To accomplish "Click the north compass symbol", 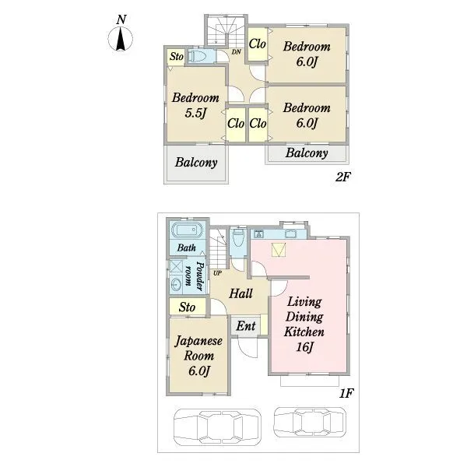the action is pyautogui.click(x=121, y=38).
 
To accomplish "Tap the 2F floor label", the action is pyautogui.click(x=342, y=177).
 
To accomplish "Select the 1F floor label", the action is pyautogui.click(x=346, y=393).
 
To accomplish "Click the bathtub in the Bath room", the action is pyautogui.click(x=187, y=230).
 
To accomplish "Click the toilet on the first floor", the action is pyautogui.click(x=238, y=237).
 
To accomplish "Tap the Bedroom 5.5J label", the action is pyautogui.click(x=195, y=105).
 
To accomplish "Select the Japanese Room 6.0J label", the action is pyautogui.click(x=198, y=356).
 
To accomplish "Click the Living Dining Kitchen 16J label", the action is pyautogui.click(x=304, y=325).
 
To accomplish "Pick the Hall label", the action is pyautogui.click(x=241, y=293).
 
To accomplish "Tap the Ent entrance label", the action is pyautogui.click(x=246, y=326).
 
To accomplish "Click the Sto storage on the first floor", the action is pyautogui.click(x=187, y=307).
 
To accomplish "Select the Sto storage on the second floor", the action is pyautogui.click(x=177, y=56).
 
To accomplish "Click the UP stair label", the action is pyautogui.click(x=217, y=273).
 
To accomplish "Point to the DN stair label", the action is pyautogui.click(x=236, y=52).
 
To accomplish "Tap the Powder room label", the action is pyautogui.click(x=194, y=276).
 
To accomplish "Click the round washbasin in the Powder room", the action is pyautogui.click(x=176, y=284).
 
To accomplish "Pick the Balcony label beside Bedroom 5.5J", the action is pyautogui.click(x=196, y=163).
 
